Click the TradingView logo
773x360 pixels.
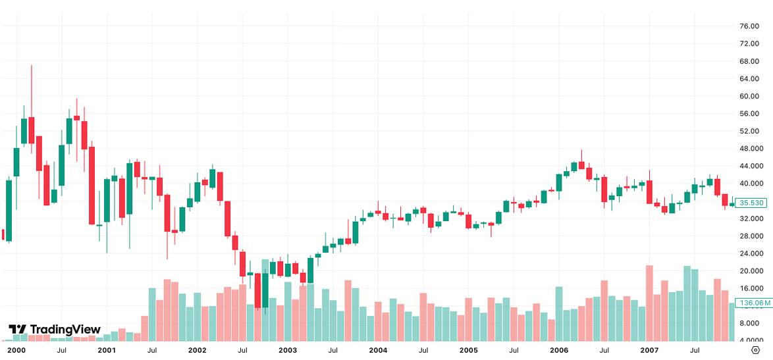tap(54, 329)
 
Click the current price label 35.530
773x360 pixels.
tap(751, 203)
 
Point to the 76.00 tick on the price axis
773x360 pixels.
tap(749, 26)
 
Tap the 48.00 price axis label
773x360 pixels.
tap(749, 149)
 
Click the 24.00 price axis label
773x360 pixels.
tap(749, 253)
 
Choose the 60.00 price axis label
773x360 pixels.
tap(749, 96)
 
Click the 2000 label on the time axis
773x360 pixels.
tap(16, 351)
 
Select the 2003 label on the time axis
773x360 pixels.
tap(288, 351)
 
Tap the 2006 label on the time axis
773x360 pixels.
tap(559, 351)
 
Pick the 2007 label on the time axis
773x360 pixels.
tap(650, 351)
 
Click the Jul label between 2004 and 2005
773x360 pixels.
tap(423, 351)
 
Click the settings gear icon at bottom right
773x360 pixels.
tap(755, 350)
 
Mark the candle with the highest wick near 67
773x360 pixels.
tap(31, 125)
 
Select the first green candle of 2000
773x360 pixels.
tap(9, 211)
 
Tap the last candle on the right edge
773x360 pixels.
tap(732, 204)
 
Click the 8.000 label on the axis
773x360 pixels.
tap(749, 323)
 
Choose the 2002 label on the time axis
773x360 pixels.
tap(197, 351)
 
